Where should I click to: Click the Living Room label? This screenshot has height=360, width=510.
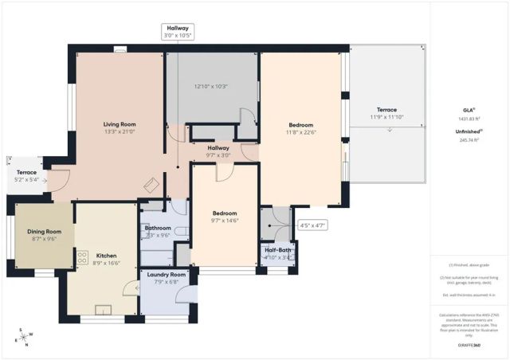point(120,124)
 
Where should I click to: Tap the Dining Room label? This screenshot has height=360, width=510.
point(43,231)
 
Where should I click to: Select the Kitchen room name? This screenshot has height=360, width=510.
point(106,254)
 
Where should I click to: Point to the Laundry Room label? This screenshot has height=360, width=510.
point(167,274)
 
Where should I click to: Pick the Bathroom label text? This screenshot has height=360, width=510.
point(158,228)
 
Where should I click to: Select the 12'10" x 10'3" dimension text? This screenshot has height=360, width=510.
point(211,86)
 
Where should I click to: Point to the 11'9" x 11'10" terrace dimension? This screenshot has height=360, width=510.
point(386,118)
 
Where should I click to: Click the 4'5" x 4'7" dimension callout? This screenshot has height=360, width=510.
point(312,225)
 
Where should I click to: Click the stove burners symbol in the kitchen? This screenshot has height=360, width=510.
point(81,257)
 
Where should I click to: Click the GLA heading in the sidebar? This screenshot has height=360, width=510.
point(469,110)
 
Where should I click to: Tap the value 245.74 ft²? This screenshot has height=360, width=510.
point(469,139)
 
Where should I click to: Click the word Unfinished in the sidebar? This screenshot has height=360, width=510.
point(468,131)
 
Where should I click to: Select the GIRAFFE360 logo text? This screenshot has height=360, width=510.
point(469,345)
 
